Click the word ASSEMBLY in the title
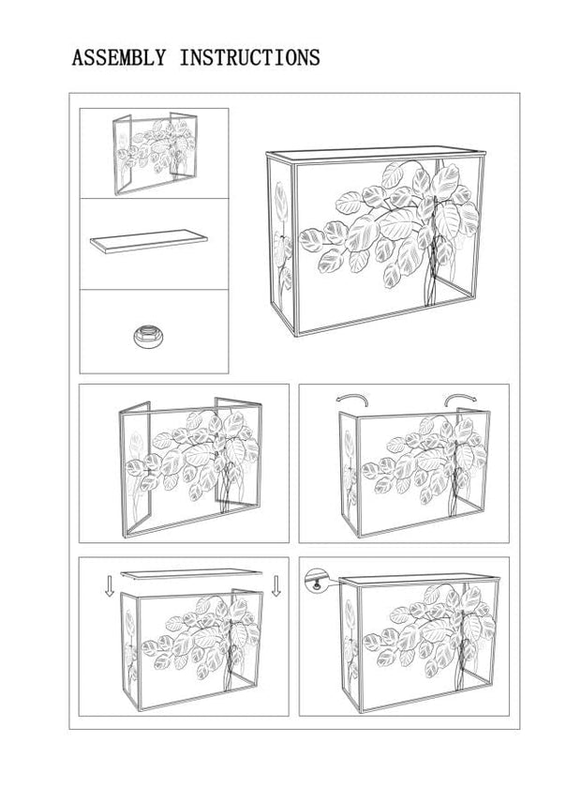pos(119,57)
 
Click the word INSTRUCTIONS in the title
pos(249,57)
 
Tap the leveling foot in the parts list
pos(148,336)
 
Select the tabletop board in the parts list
pos(149,241)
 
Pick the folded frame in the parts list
pos(155,153)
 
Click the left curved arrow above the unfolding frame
pos(352,400)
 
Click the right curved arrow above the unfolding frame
pos(460,400)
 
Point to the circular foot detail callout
pos(315,581)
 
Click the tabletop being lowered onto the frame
pos(191,574)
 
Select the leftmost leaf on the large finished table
pos(311,240)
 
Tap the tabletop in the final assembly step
pos(420,581)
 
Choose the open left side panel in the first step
pos(135,469)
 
